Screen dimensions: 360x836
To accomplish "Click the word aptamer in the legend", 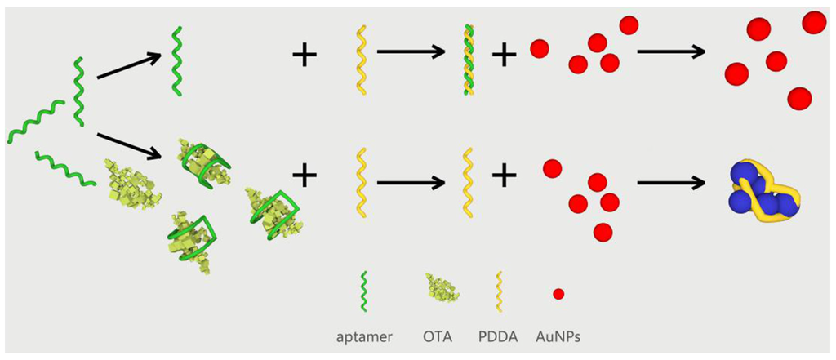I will tap(367, 336).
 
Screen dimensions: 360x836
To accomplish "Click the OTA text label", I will tap(436, 336).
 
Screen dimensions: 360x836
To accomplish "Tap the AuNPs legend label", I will tap(558, 336).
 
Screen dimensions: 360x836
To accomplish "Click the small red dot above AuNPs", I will tap(558, 293).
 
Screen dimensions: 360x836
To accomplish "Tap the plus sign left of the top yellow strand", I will tap(305, 56).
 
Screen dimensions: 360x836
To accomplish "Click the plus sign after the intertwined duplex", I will tap(504, 55).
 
